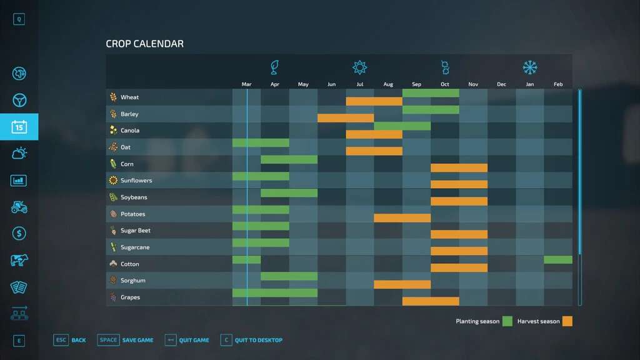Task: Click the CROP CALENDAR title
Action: pyautogui.click(x=144, y=44)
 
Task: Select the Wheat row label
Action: pyautogui.click(x=129, y=97)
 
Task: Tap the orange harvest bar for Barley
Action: pyautogui.click(x=346, y=118)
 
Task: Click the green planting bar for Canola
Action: pyautogui.click(x=402, y=126)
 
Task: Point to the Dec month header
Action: pyautogui.click(x=501, y=84)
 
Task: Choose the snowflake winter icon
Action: pyautogui.click(x=530, y=67)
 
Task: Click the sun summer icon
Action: pyautogui.click(x=359, y=67)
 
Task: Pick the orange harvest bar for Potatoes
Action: pyautogui.click(x=402, y=218)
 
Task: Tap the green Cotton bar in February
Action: pyautogui.click(x=558, y=260)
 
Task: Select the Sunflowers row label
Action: pyautogui.click(x=136, y=181)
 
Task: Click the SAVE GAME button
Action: pyautogui.click(x=126, y=340)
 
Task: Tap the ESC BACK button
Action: pyautogui.click(x=70, y=340)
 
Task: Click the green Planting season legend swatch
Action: pyautogui.click(x=507, y=321)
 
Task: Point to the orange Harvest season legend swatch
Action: pyautogui.click(x=567, y=321)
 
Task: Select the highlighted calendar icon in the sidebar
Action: pyautogui.click(x=19, y=127)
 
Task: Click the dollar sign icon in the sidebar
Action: pyautogui.click(x=19, y=233)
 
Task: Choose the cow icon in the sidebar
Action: pyautogui.click(x=19, y=260)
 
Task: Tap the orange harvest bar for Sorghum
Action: pyautogui.click(x=402, y=285)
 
